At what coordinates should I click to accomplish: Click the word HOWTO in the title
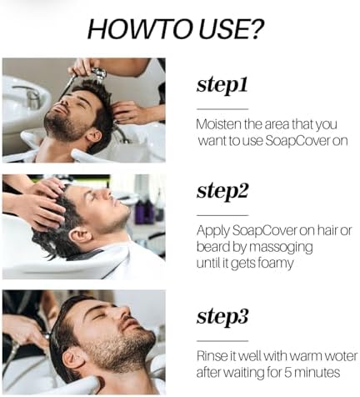(134, 30)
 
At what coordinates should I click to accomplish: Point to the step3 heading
(222, 316)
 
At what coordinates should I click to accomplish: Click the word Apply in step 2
(213, 230)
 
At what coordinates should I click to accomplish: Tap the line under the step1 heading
(222, 108)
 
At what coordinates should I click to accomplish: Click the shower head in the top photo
(98, 76)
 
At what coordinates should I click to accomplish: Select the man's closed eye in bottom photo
(107, 324)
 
